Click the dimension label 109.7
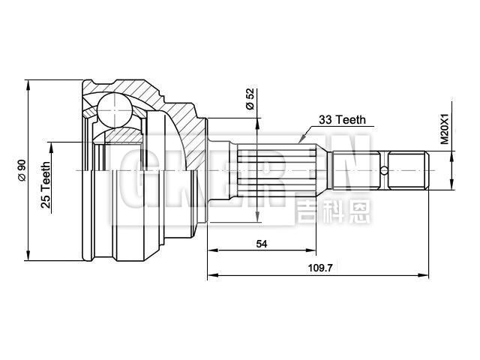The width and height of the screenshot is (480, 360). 318,266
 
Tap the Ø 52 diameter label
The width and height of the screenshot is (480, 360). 250,99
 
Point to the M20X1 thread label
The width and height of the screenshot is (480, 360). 444,128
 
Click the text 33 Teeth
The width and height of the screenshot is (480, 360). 342,119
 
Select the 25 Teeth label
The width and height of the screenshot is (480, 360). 46,183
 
